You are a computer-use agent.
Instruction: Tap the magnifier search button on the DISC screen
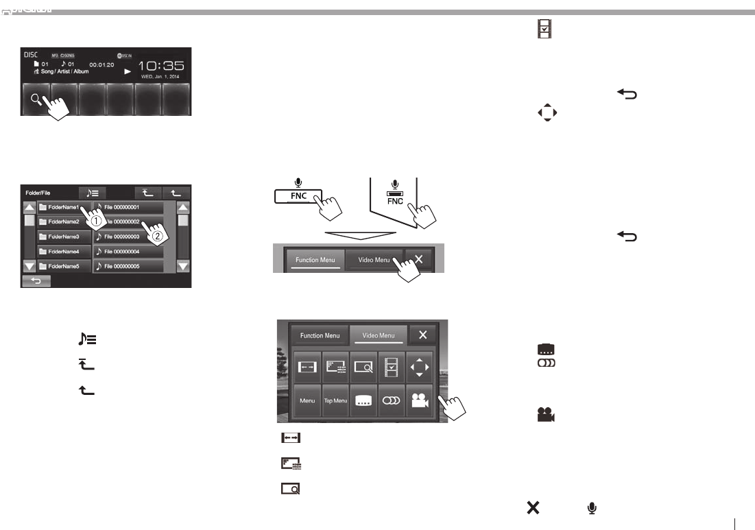(x=35, y=99)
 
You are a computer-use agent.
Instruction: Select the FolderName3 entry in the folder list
(x=64, y=237)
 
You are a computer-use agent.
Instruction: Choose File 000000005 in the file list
(x=128, y=266)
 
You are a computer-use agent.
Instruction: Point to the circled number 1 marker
(x=97, y=221)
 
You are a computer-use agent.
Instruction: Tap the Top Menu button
(x=335, y=400)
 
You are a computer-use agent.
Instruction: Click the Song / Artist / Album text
(x=65, y=71)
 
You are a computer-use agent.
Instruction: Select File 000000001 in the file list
(x=128, y=207)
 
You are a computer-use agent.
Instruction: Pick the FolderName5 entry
(x=64, y=266)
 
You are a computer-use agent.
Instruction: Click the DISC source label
(x=32, y=53)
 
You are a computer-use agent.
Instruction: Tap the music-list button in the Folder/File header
(x=92, y=193)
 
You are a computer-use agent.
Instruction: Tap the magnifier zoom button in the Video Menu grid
(x=363, y=368)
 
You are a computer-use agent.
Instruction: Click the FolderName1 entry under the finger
(x=62, y=207)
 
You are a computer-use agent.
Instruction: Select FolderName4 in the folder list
(x=64, y=252)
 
